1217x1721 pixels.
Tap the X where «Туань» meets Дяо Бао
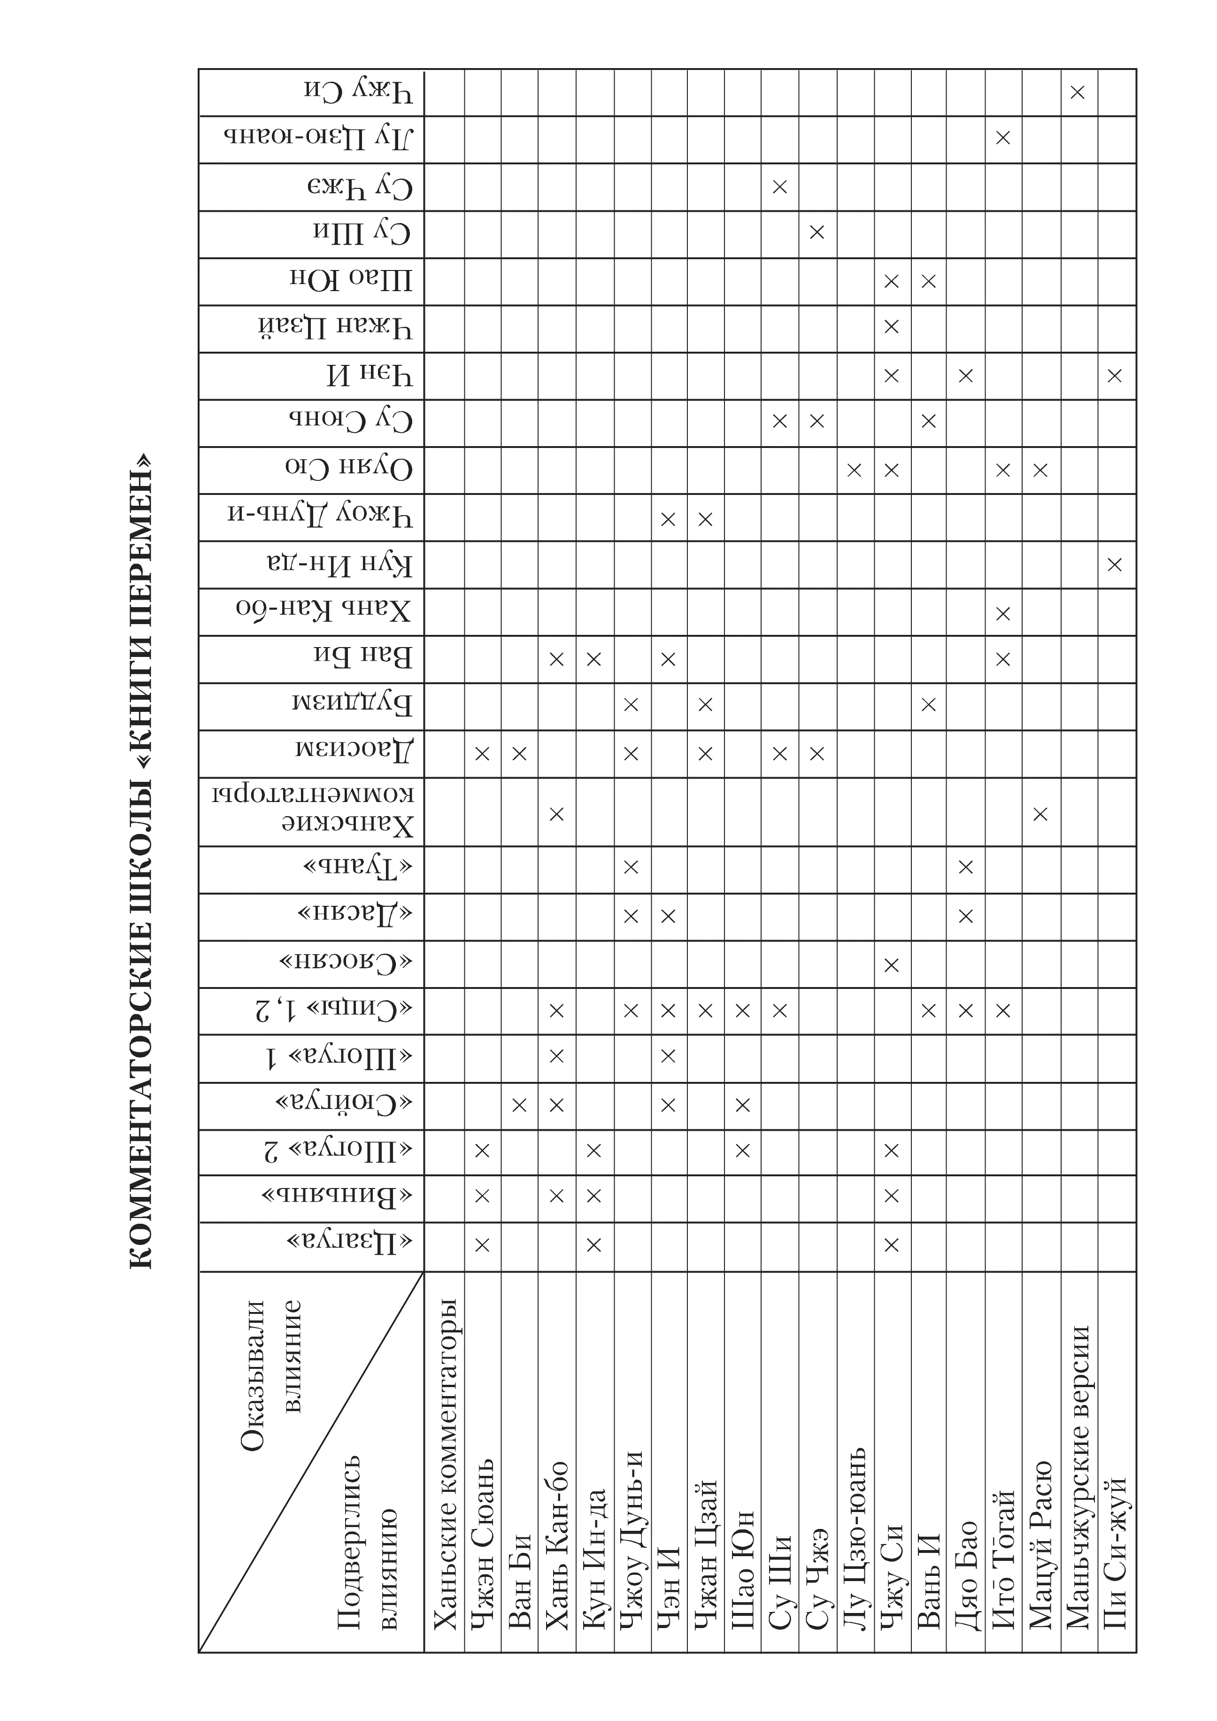(966, 868)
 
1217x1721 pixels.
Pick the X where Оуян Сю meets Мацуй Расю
(1040, 471)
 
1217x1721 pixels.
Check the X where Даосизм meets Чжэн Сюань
(482, 753)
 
